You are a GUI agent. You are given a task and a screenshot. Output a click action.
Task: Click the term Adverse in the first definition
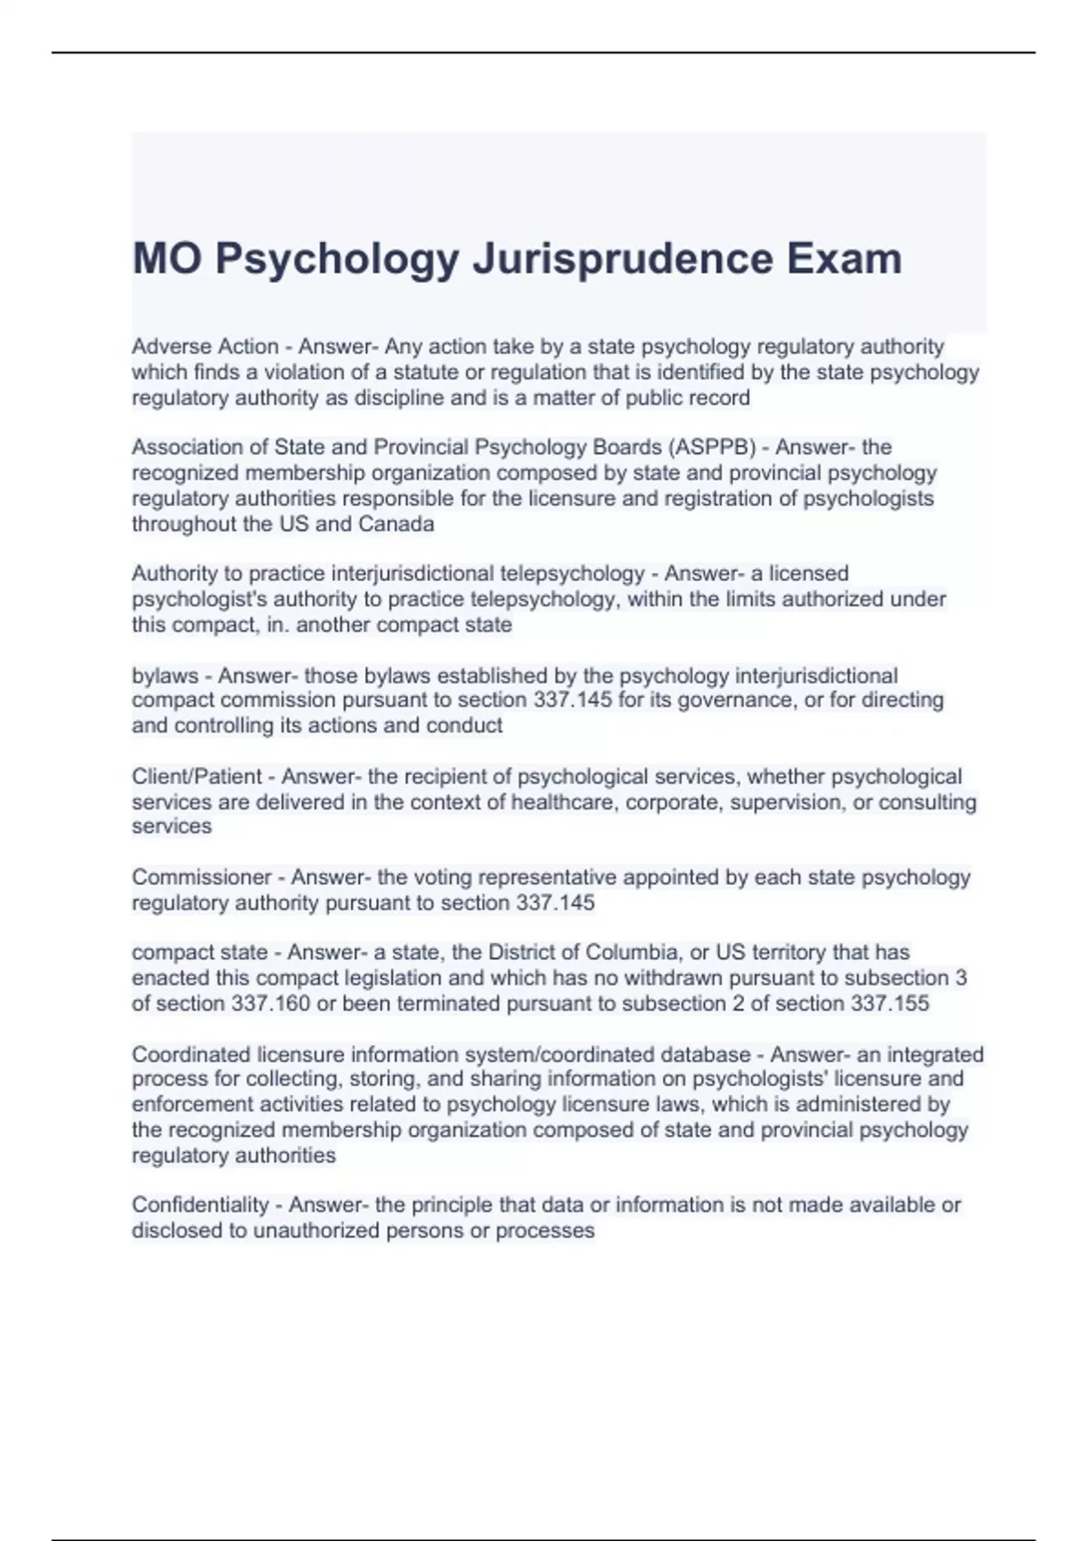coord(166,346)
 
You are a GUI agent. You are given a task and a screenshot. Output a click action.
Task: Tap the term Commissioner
coord(201,877)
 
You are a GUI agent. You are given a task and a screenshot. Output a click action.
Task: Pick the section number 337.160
coord(270,1003)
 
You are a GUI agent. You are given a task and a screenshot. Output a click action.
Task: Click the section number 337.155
coord(889,1003)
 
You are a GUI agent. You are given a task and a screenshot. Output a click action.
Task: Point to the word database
coord(705,1054)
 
